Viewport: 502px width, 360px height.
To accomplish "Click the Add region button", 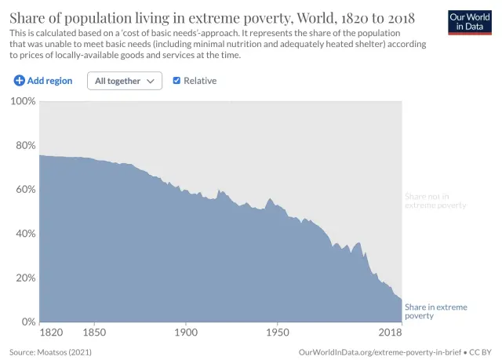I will point(43,81).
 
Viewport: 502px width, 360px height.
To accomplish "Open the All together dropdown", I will point(124,81).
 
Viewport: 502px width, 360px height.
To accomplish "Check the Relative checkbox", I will point(176,81).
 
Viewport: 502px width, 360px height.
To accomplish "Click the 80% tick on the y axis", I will point(24,145).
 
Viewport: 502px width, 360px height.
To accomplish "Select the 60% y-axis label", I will point(24,189).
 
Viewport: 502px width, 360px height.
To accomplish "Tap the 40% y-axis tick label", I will point(24,234).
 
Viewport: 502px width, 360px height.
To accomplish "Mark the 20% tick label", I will point(24,278).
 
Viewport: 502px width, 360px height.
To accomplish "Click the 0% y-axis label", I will point(27,322).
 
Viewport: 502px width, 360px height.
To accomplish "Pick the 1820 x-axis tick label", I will point(52,333).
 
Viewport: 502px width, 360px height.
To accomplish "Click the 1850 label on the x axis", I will point(94,333).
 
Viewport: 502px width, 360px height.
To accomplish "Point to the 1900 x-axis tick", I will point(186,333).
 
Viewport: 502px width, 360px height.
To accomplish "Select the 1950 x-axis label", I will point(278,333).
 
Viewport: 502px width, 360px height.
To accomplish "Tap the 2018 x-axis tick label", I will point(390,333).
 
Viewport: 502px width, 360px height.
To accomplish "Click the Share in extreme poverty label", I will point(435,311).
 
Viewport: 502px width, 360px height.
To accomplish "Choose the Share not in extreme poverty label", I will point(435,200).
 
